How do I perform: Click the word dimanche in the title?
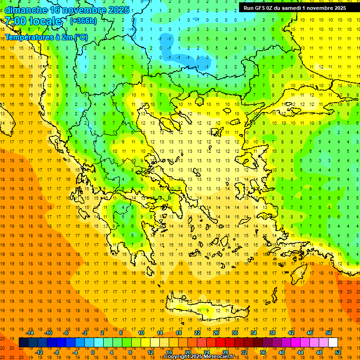(25, 10)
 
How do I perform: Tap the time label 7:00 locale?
(33, 21)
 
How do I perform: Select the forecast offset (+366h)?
(83, 21)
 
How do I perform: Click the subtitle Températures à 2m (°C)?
(46, 37)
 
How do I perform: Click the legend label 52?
(338, 352)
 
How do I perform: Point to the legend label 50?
(329, 332)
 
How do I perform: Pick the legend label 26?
(216, 332)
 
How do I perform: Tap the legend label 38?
(272, 332)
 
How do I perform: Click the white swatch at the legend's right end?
(333, 342)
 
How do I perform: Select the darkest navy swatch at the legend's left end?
(24, 342)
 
